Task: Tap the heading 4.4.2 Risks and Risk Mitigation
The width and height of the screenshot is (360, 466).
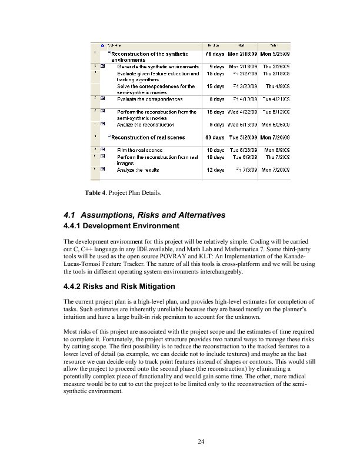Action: click(118, 287)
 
